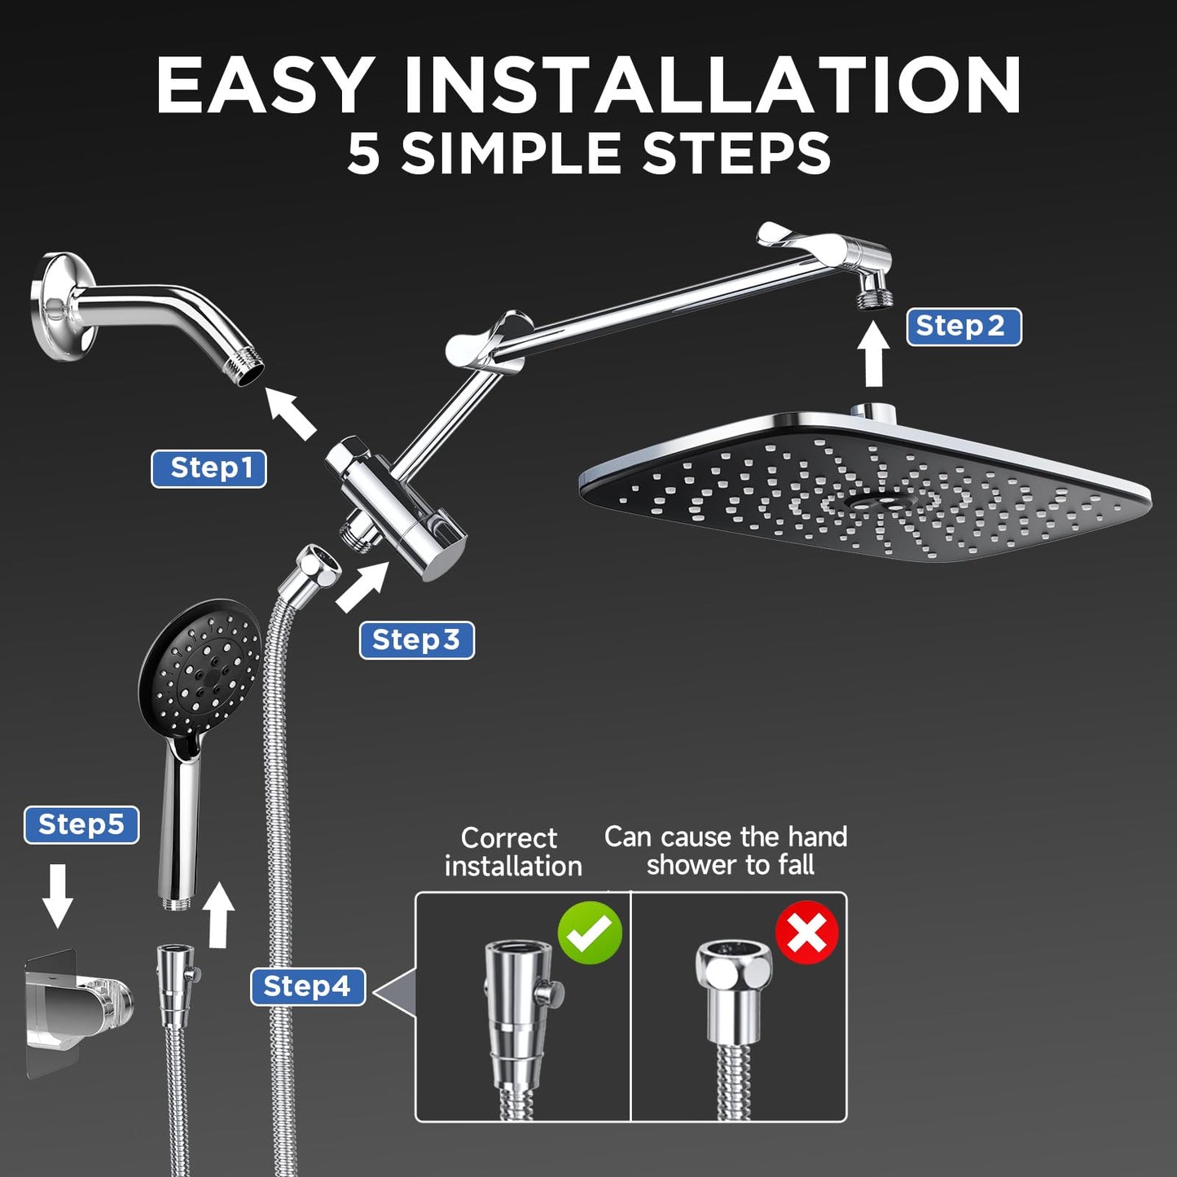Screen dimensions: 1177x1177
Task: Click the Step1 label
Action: [209, 468]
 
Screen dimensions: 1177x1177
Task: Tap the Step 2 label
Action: [964, 327]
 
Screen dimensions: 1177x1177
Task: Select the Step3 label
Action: [416, 640]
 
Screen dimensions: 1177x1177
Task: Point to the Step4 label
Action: [307, 986]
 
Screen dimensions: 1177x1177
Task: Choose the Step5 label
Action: [81, 824]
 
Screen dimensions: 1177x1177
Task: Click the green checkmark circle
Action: [590, 933]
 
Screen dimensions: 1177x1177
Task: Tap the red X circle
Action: [806, 933]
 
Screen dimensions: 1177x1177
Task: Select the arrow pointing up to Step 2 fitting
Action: [874, 354]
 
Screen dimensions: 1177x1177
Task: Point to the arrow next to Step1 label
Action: [291, 413]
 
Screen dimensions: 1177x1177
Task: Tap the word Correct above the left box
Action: [508, 837]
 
